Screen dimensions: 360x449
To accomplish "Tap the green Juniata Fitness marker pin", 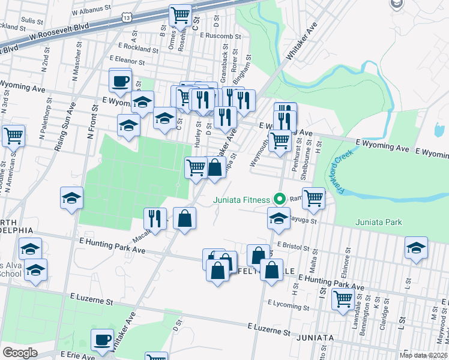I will pyautogui.click(x=279, y=198).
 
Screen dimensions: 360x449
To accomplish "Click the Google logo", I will pyautogui.click(x=20, y=352).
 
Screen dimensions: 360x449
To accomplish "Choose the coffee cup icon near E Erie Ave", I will pyautogui.click(x=102, y=340).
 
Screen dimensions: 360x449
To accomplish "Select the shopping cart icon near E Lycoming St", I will pyautogui.click(x=343, y=298).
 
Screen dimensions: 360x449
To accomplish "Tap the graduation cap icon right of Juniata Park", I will pyautogui.click(x=416, y=248).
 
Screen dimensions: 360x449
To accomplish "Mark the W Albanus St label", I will pyautogui.click(x=91, y=11).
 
